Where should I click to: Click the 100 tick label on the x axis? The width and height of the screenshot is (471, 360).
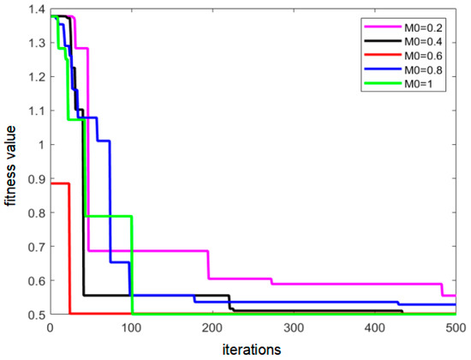tap(131, 327)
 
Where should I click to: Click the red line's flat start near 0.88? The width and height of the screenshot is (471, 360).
tap(59, 183)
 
